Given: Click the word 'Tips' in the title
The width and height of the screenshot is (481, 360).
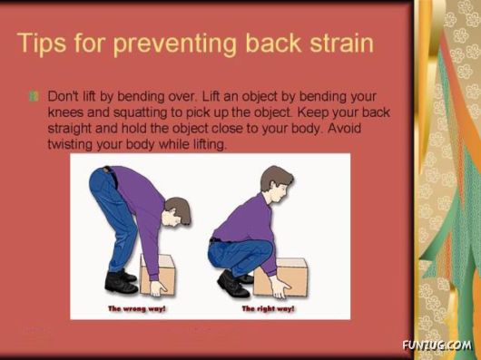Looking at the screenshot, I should [x=46, y=44].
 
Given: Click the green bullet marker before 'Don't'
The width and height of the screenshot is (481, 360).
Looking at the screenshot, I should [x=34, y=96].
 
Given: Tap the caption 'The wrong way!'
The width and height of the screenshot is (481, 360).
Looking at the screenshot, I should [x=138, y=308].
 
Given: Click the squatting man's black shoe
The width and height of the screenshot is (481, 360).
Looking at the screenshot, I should [x=232, y=286].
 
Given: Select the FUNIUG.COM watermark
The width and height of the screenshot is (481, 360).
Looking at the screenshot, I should [x=436, y=345].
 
